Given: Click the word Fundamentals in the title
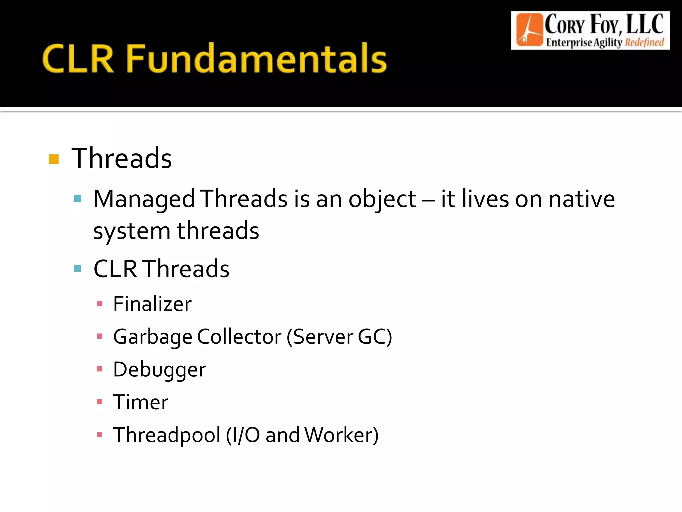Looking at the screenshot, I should (256, 59).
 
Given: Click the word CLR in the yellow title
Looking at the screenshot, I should (78, 59).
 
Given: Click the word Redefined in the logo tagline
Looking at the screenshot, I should (644, 43).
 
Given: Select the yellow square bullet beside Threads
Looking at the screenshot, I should (54, 159).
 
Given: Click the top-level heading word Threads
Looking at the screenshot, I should (122, 158).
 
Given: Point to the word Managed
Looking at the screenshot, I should (144, 199).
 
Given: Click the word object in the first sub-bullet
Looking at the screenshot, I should (382, 199).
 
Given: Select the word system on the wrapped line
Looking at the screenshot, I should (132, 231).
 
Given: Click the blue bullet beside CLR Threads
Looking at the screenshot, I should (78, 268).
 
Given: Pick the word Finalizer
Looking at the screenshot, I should (152, 304).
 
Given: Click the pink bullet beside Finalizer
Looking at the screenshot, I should (99, 304).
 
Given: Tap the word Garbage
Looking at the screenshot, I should (153, 337).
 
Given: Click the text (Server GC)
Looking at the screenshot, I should (339, 337).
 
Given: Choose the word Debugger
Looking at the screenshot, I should (159, 369).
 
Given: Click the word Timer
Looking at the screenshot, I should (141, 402).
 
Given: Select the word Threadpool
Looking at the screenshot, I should (167, 435).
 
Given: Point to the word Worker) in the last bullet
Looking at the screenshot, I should (341, 435).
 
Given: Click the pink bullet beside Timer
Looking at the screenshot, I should (99, 402).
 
